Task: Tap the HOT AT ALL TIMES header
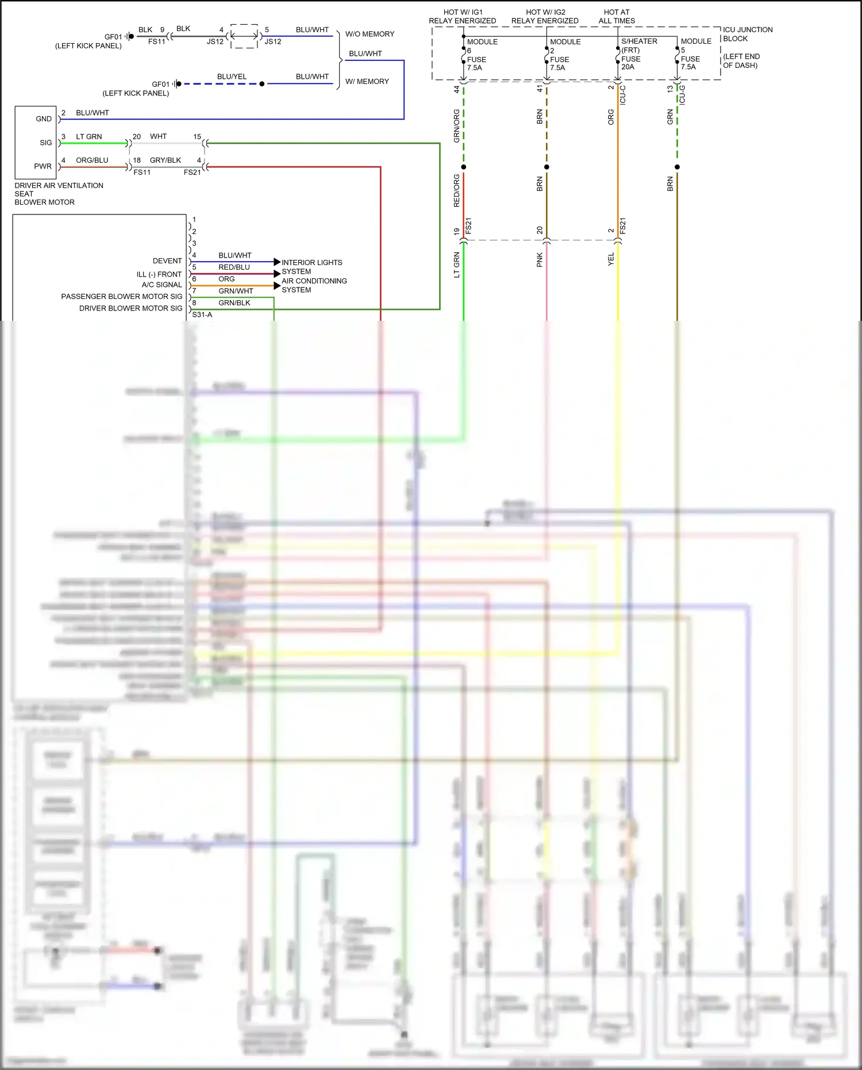point(617,16)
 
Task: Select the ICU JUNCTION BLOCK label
point(747,34)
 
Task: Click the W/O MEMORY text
point(370,34)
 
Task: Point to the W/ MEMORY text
point(367,82)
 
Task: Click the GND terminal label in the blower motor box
point(44,119)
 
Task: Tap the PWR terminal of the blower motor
point(43,166)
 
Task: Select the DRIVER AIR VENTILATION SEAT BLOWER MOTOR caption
point(59,194)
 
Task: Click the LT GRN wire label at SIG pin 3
point(89,137)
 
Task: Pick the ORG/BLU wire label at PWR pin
point(92,160)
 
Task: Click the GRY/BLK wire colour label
point(166,160)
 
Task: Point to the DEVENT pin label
point(167,261)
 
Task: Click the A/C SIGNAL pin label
point(161,285)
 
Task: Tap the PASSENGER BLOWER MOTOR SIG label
point(122,297)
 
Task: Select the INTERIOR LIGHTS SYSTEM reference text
point(311,267)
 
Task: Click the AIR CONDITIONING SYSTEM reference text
point(314,285)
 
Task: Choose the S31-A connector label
point(202,315)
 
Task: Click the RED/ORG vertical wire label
point(457,190)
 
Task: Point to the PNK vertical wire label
point(540,260)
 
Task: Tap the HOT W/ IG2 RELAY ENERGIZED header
point(545,16)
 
